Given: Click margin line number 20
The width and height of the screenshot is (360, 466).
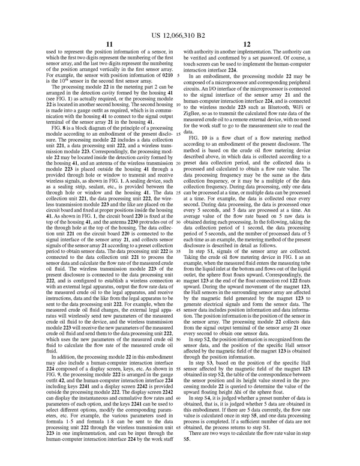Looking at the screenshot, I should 179,163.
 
